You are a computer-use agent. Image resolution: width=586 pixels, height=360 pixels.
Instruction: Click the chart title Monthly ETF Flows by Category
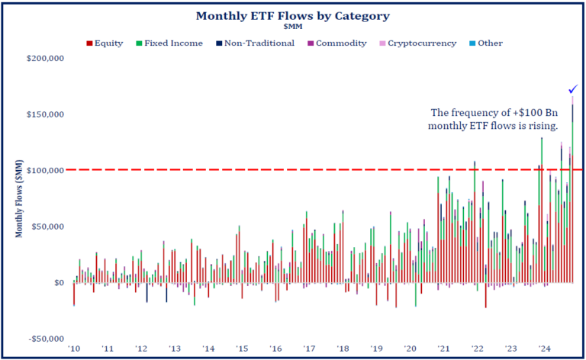click(294, 15)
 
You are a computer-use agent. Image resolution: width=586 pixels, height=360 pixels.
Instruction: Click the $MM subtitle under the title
click(294, 27)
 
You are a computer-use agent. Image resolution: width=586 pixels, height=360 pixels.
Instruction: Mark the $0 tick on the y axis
click(58, 283)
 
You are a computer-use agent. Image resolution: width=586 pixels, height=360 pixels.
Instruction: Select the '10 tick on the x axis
click(74, 349)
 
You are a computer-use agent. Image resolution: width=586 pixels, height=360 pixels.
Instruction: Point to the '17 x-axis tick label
click(309, 349)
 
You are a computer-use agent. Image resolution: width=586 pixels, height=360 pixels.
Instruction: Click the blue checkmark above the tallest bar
click(573, 88)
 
